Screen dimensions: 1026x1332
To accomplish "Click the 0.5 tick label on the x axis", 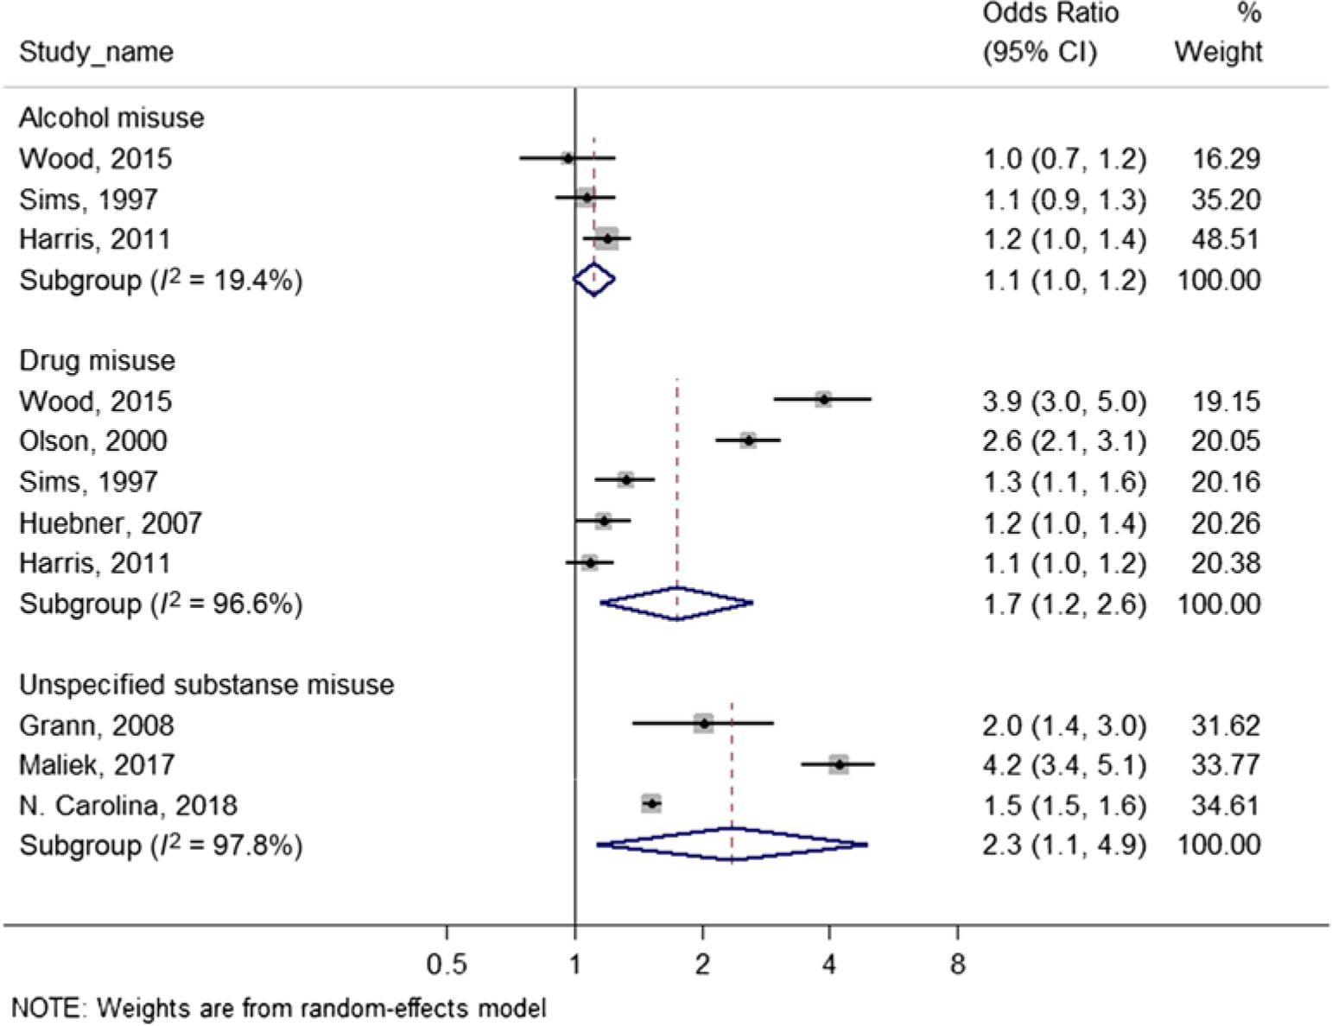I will pos(447,963).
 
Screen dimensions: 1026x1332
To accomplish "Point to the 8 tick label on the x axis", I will pos(957,963).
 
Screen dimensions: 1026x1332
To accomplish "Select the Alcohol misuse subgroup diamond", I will pos(594,279).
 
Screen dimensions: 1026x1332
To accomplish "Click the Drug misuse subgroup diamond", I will pos(676,603).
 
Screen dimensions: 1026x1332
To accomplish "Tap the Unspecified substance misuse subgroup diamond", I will pos(732,844).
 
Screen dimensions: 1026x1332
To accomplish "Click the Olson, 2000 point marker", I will pos(748,440).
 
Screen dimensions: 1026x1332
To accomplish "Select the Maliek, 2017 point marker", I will pos(839,764).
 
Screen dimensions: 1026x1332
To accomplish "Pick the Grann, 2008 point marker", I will pos(704,724).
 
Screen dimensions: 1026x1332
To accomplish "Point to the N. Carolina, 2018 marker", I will pos(652,804).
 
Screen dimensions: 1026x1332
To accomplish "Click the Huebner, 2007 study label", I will pos(111,522).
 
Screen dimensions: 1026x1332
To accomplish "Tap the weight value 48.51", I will pos(1225,239).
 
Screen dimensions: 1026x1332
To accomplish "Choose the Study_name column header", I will pos(96,52).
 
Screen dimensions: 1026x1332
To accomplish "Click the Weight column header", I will pos(1218,52).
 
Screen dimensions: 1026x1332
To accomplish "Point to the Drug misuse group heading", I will pos(97,360).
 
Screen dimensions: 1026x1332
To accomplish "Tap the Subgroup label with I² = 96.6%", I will pos(161,604).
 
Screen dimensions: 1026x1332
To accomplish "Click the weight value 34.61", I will pos(1225,805).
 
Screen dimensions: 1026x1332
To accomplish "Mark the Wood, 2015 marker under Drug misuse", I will pos(823,399).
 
